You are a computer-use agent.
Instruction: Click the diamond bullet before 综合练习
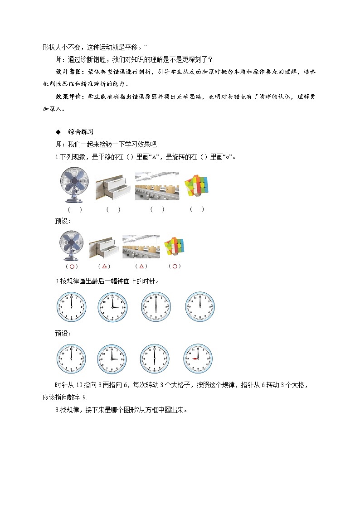(x=58, y=132)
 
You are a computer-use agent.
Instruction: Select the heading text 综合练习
(x=81, y=132)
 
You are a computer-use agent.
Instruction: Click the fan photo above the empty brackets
(x=72, y=186)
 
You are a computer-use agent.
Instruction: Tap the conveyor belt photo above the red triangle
(x=141, y=247)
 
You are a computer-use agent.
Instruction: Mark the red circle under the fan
(x=71, y=267)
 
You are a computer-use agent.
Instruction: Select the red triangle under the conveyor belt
(x=141, y=267)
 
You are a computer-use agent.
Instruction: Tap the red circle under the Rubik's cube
(x=175, y=267)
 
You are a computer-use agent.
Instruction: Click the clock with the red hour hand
(x=198, y=359)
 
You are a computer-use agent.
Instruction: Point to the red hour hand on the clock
(x=195, y=359)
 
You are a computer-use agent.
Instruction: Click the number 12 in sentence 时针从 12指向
(x=79, y=385)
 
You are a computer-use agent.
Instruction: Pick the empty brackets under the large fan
(x=74, y=209)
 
